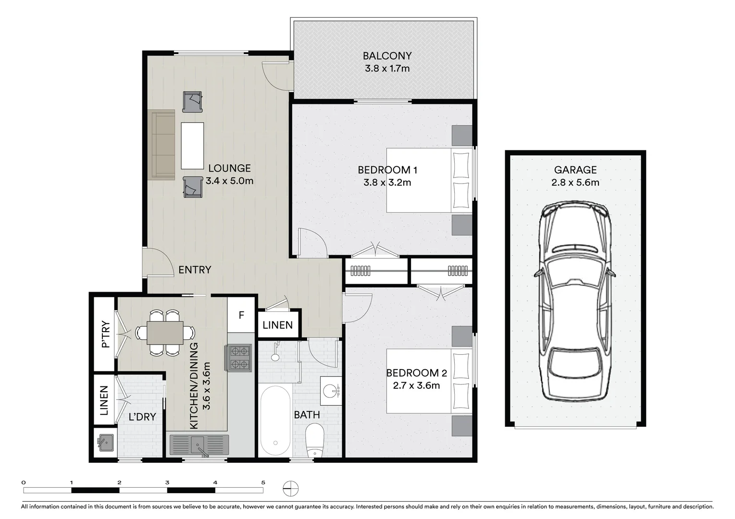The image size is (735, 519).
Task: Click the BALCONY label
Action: click(387, 56)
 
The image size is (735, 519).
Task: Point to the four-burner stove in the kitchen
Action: click(239, 358)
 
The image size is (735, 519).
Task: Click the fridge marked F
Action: click(241, 315)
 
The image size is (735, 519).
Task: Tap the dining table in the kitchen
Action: click(165, 333)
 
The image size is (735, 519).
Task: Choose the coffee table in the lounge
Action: click(192, 145)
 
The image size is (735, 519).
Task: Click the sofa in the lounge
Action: click(163, 145)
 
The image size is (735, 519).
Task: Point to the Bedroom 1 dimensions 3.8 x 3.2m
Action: click(387, 183)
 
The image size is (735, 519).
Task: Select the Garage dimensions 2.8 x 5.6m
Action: click(575, 183)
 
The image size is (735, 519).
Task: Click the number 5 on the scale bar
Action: click(263, 482)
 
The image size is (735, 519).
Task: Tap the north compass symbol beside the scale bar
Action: click(291, 488)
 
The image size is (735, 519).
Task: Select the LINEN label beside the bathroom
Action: click(277, 325)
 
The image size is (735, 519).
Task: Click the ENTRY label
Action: click(195, 270)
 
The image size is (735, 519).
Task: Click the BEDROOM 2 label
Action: click(416, 373)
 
